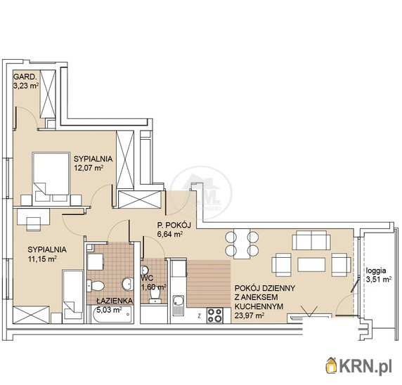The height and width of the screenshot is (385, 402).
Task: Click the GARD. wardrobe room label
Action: (24, 77)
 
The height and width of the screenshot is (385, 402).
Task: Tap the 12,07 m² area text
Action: (89, 168)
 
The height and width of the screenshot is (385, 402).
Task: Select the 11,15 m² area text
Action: (42, 259)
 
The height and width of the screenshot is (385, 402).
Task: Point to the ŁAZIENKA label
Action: (115, 301)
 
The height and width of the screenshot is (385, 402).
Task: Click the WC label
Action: (147, 278)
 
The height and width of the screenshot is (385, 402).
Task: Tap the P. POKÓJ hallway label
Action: (174, 226)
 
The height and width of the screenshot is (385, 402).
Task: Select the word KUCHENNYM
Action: (259, 306)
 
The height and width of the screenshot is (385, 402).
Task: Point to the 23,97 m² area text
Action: (249, 315)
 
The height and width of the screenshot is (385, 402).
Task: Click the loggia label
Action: (376, 270)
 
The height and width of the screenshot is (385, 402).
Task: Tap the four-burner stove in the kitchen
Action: (215, 315)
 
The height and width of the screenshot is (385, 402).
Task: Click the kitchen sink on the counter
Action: (177, 305)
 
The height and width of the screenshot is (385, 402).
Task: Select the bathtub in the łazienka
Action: (112, 315)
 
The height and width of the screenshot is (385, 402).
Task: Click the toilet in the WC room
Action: (155, 294)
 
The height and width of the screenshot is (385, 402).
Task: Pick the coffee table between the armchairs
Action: (311, 265)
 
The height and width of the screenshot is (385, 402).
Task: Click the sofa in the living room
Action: (311, 240)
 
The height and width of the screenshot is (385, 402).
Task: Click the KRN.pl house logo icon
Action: (331, 365)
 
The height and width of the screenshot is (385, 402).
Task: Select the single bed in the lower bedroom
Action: (73, 295)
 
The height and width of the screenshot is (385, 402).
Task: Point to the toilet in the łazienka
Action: (96, 286)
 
